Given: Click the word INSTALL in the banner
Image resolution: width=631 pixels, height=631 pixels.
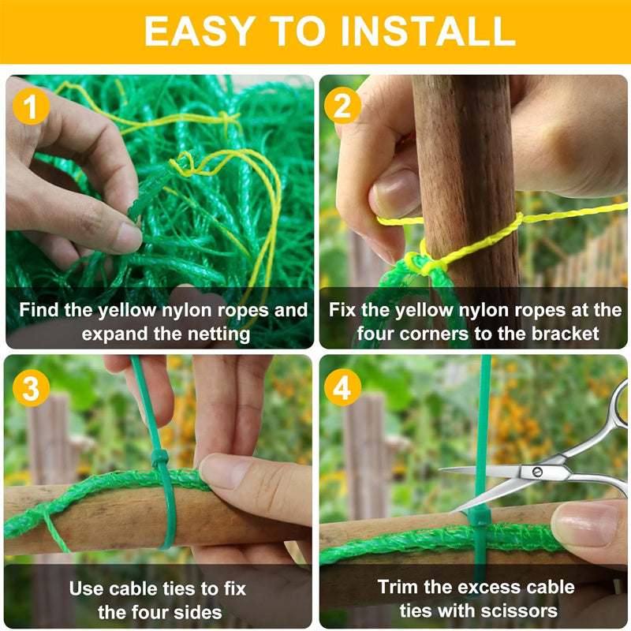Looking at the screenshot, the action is point(428,32).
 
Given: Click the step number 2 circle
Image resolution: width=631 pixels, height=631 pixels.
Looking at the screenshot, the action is point(342,106).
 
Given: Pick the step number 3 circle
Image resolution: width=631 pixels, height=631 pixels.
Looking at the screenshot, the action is point(31,388).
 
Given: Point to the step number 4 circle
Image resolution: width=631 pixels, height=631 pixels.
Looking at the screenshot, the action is point(342,387).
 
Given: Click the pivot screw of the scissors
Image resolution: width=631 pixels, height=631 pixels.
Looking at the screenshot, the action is point(537,472).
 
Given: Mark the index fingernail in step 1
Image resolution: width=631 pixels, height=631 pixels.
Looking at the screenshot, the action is point(127,237).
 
